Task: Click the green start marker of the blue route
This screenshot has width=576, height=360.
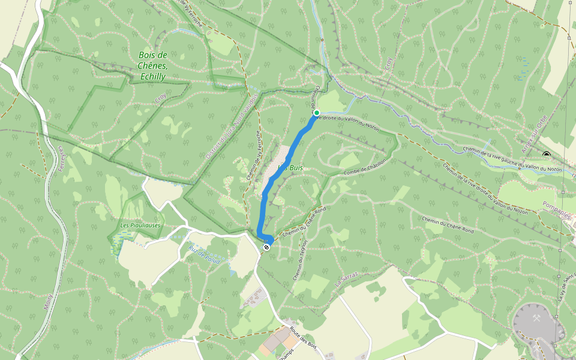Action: pyautogui.click(x=316, y=113)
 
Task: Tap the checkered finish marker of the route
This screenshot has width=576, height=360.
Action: pyautogui.click(x=266, y=246)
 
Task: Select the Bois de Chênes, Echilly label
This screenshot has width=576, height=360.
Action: pyautogui.click(x=152, y=66)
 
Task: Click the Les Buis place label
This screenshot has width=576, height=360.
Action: pyautogui.click(x=292, y=169)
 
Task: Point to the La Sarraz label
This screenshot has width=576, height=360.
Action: pyautogui.click(x=347, y=279)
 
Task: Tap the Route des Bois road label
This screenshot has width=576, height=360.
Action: pyautogui.click(x=303, y=337)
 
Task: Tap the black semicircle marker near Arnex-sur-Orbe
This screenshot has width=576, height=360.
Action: pyautogui.click(x=547, y=155)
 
